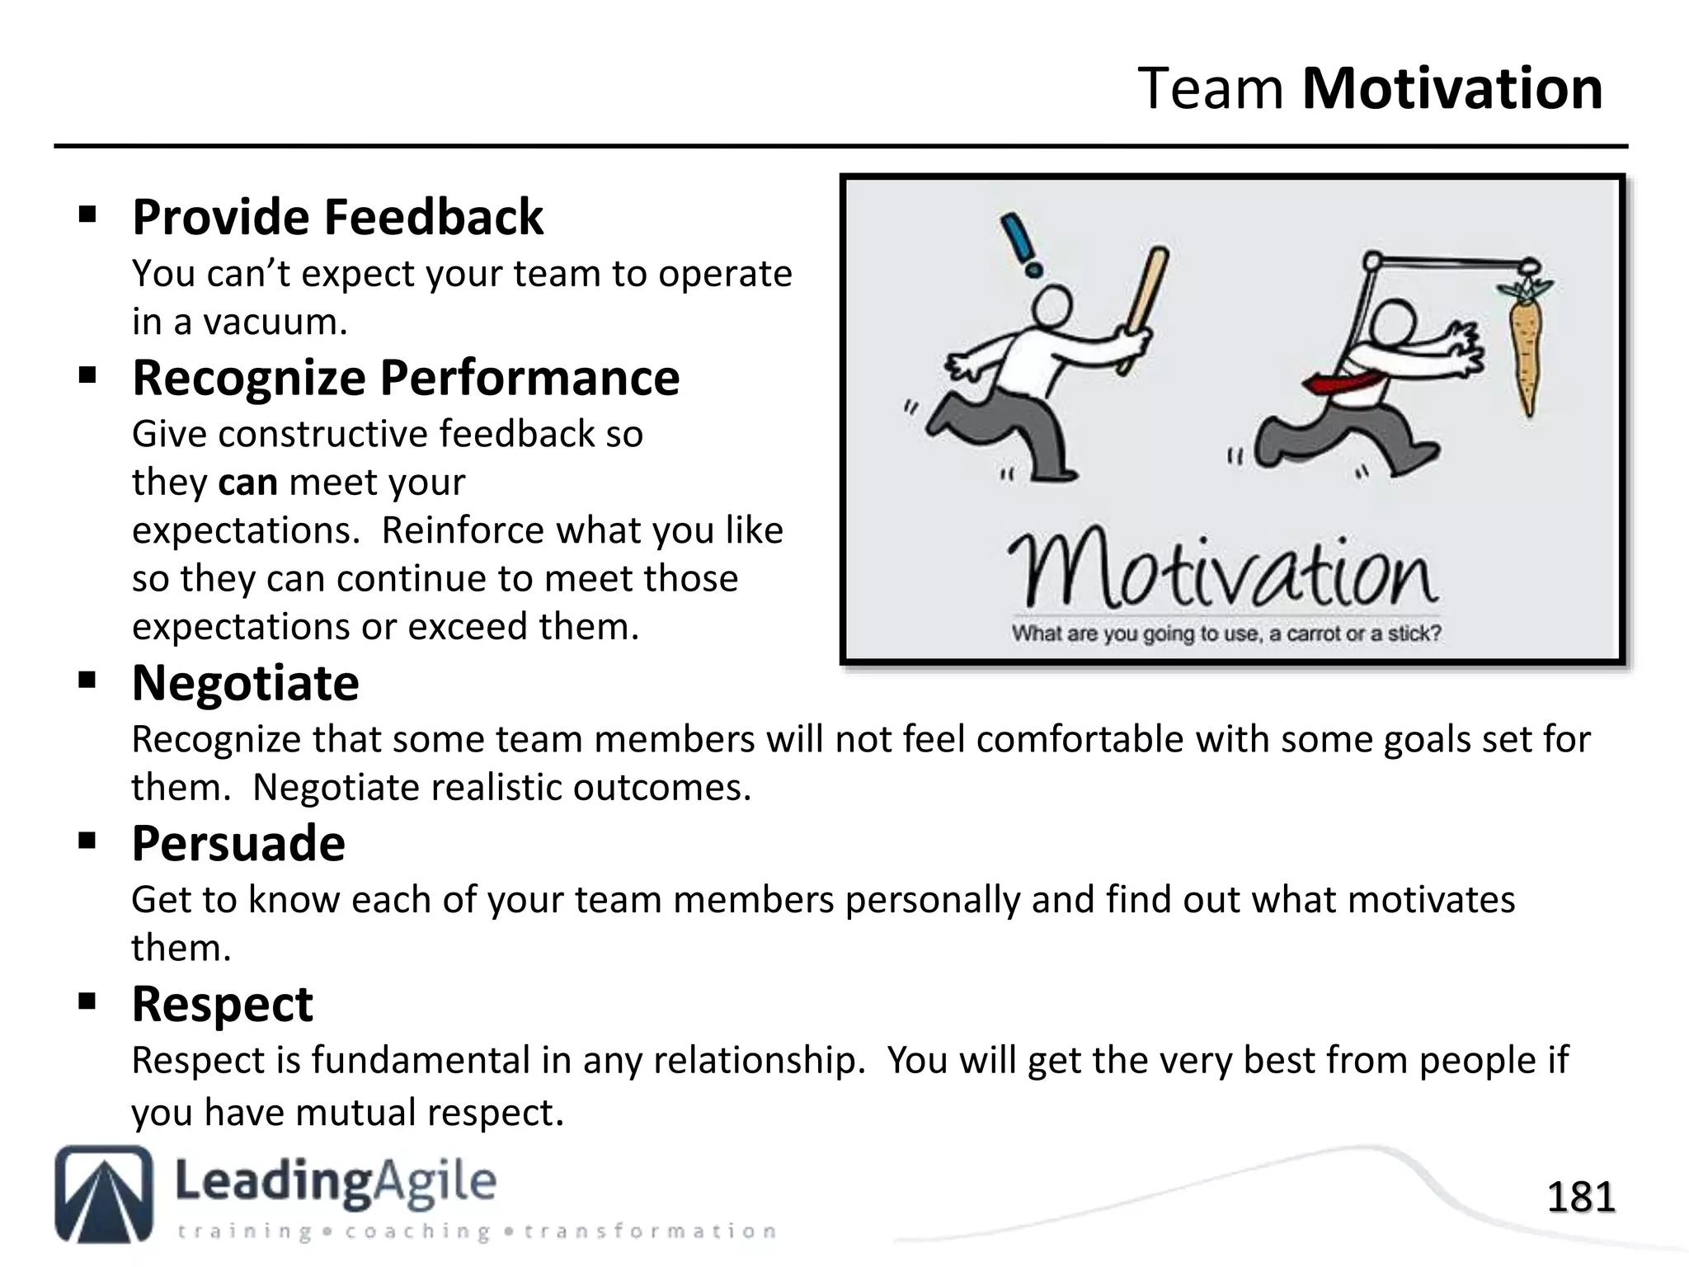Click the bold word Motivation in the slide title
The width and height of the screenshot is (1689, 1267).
coord(1451,88)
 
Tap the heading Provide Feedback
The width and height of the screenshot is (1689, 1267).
coord(337,217)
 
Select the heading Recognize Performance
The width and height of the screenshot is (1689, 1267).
coord(406,378)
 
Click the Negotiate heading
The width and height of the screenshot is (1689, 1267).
coord(245,683)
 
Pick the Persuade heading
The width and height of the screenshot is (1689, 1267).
coord(238,844)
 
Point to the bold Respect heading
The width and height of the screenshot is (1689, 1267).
coord(222,1004)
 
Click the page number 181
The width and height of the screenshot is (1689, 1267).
coord(1580,1197)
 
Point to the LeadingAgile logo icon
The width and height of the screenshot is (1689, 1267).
coord(104,1193)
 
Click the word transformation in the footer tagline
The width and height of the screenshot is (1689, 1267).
coord(651,1232)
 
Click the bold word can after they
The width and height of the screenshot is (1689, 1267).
coord(247,482)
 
